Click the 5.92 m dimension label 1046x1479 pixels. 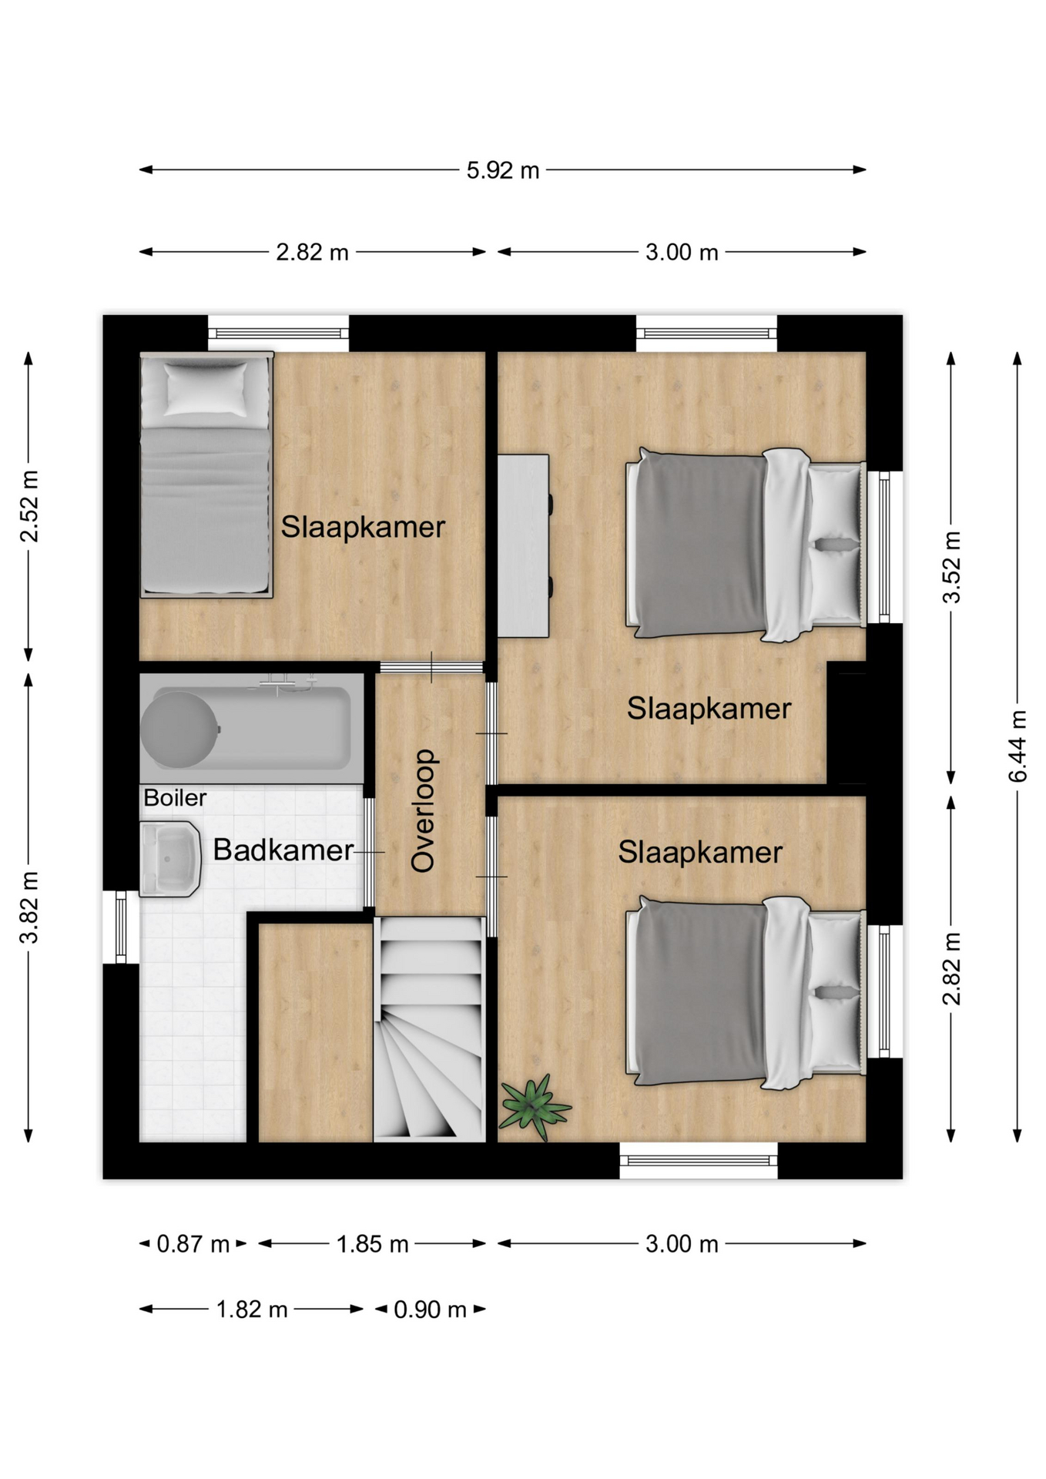[x=502, y=170]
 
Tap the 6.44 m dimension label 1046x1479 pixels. [x=1018, y=746]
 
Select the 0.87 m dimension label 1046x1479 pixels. [x=193, y=1244]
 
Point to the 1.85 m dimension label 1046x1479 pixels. [x=372, y=1244]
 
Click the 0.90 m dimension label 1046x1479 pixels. [x=430, y=1310]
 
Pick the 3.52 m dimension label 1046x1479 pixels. [x=952, y=566]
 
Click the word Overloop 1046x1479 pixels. [x=424, y=810]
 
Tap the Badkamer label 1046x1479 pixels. [x=283, y=850]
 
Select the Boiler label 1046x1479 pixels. [x=175, y=797]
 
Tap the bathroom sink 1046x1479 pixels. [x=170, y=859]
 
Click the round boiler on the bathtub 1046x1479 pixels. [x=179, y=729]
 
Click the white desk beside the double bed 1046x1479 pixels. [x=523, y=546]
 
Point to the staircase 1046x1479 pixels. [x=429, y=1029]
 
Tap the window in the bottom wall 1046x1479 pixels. [x=699, y=1160]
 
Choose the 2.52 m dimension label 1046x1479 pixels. [x=28, y=506]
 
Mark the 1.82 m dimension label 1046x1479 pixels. [x=251, y=1310]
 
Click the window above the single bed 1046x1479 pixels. [x=279, y=334]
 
